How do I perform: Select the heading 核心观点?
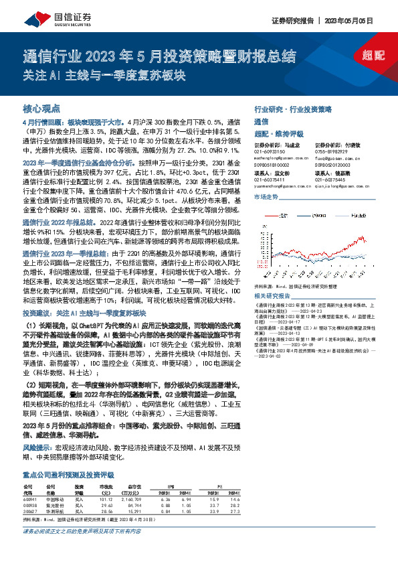42,107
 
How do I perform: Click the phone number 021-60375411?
270,179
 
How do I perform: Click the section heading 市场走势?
266,197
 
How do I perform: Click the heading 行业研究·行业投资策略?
293,107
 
